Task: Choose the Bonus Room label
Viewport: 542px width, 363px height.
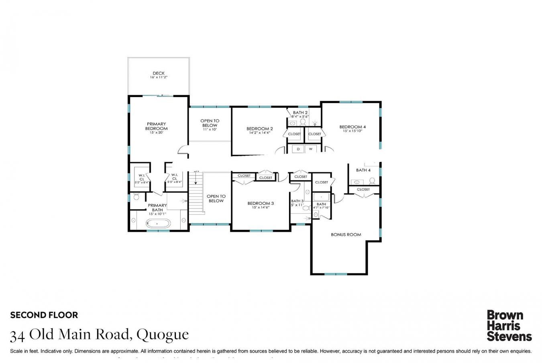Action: pos(346,235)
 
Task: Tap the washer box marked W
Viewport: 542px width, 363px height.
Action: pos(310,149)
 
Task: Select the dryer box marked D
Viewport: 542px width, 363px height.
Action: pos(298,149)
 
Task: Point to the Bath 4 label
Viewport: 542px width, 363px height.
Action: pos(363,170)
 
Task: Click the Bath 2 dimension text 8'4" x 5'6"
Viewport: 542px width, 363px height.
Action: pos(300,116)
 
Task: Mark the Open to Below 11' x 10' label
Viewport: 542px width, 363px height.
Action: pos(210,125)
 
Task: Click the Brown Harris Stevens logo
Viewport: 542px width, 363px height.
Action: pos(509,326)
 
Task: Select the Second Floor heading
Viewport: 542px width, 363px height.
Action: pos(44,315)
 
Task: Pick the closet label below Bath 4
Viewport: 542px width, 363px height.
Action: pos(363,189)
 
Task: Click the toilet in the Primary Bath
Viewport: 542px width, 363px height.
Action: pos(136,196)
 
